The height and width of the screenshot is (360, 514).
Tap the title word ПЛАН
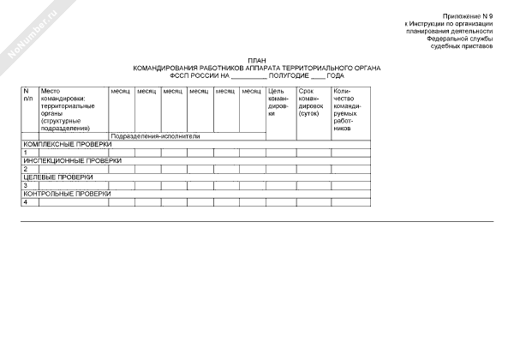coord(257,60)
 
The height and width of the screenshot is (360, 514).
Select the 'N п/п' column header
coord(28,94)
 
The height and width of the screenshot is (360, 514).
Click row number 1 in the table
coord(26,153)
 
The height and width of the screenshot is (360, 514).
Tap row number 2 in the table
coord(26,169)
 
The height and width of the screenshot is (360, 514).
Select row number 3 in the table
coord(26,185)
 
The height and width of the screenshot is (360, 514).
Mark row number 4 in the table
coord(26,202)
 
